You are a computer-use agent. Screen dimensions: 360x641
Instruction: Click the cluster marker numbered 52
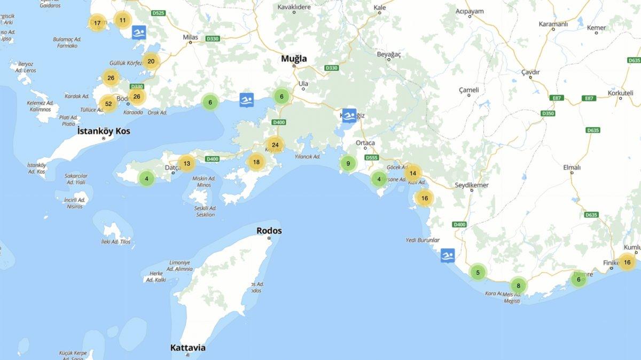[x=108, y=104]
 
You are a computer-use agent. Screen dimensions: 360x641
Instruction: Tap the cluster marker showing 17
[x=97, y=23]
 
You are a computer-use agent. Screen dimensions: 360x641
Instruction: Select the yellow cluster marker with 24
[x=275, y=145]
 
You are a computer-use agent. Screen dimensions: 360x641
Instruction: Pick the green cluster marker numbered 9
[x=348, y=163]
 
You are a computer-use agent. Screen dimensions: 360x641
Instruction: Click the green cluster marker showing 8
[x=518, y=286]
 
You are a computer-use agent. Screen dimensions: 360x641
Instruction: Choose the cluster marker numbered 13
[x=186, y=163]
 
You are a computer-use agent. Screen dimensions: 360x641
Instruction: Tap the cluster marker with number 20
[x=151, y=61]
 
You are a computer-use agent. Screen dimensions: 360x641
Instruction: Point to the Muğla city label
[x=294, y=59]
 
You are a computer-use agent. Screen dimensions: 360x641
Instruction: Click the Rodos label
[x=269, y=231]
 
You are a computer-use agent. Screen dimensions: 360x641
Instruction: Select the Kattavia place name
[x=187, y=348]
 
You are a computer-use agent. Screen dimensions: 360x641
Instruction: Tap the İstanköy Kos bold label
[x=104, y=131]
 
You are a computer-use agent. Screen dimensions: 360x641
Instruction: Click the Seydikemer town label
[x=471, y=185]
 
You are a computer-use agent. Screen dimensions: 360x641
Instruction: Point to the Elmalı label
[x=572, y=167]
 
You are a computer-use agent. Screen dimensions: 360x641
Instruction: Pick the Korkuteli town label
[x=620, y=92]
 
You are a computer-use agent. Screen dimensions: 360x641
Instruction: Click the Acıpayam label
[x=470, y=11]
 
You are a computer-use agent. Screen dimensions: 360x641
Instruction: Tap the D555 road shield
[x=372, y=158]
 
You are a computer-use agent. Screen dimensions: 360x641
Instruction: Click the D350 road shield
[x=548, y=113]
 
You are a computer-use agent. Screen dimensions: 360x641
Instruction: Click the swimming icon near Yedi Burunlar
[x=448, y=256]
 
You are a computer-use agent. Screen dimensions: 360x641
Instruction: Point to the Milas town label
[x=190, y=37]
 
